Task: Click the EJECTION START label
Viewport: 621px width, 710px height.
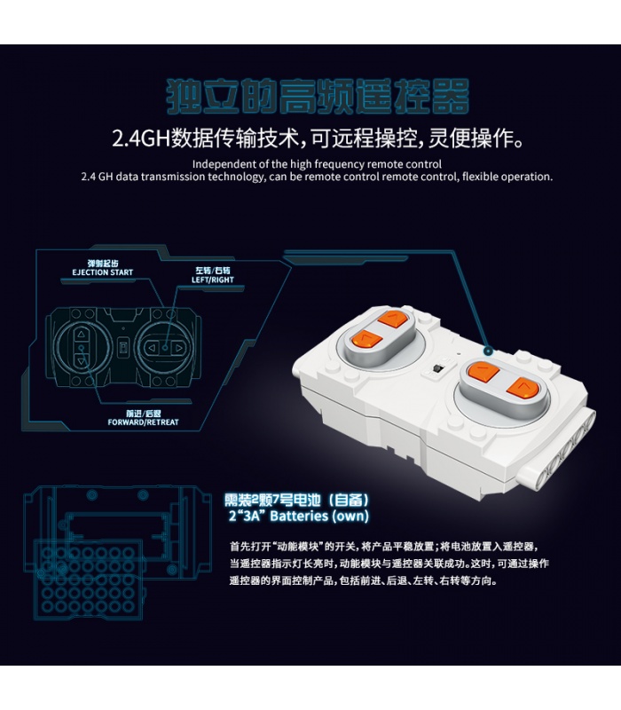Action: click(102, 272)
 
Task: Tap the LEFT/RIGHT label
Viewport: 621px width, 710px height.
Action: click(212, 280)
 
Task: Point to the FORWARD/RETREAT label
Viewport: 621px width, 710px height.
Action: click(143, 422)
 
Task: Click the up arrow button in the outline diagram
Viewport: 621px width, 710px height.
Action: click(81, 335)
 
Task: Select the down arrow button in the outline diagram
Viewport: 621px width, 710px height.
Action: click(81, 361)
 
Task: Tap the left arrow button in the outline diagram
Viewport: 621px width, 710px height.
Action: click(152, 348)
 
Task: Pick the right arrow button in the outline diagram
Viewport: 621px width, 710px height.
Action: click(179, 348)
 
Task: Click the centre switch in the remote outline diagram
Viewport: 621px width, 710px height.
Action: click(122, 348)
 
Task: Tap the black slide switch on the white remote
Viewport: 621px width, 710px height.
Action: click(436, 369)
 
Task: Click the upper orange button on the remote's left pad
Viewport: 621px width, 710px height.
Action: click(392, 319)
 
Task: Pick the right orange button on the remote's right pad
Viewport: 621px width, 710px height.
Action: click(522, 389)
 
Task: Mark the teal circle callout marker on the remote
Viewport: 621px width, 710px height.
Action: click(487, 351)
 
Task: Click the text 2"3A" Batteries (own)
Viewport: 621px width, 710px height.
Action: click(299, 516)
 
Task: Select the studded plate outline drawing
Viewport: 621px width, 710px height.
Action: click(90, 579)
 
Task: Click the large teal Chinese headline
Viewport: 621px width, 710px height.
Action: click(318, 96)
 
